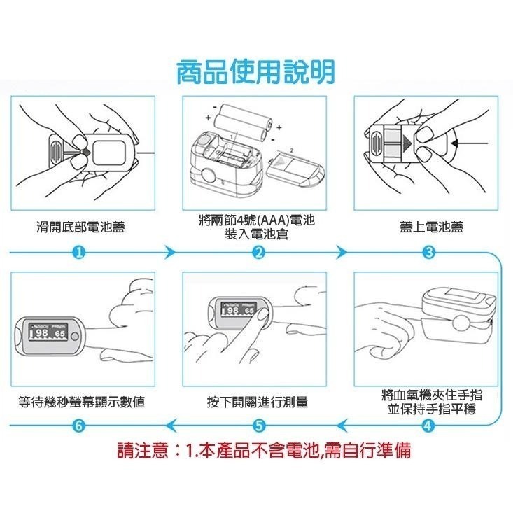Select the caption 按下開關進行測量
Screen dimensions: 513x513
pos(257,402)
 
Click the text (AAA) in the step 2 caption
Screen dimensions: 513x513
pos(260,221)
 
